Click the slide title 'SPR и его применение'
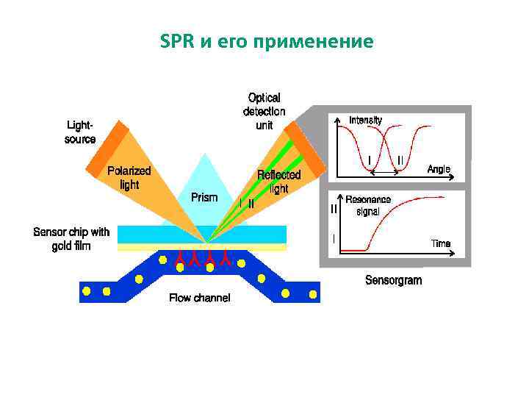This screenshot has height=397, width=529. (x=266, y=41)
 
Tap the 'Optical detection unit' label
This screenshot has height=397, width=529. (x=264, y=111)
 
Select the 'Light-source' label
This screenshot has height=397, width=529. (x=80, y=132)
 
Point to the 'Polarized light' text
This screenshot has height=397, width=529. (x=129, y=177)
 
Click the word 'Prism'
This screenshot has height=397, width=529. (x=204, y=197)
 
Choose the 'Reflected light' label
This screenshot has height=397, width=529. (x=278, y=182)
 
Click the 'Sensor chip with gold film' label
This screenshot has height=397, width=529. (x=71, y=239)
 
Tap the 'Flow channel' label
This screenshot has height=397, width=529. (x=199, y=298)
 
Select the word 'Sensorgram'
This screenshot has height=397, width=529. (x=393, y=280)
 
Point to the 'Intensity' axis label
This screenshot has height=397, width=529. (x=365, y=120)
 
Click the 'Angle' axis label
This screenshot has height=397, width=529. (x=439, y=169)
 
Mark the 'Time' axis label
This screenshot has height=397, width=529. (x=441, y=243)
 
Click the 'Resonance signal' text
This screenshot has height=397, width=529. (x=368, y=205)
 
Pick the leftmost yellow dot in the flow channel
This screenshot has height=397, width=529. (x=87, y=291)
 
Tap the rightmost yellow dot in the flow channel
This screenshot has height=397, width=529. (x=313, y=294)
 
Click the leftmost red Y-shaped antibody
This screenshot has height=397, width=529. (x=179, y=257)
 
